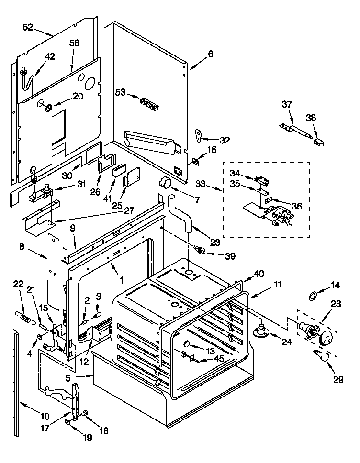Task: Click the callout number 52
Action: point(28,28)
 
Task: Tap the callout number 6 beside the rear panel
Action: point(210,54)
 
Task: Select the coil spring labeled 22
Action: point(27,317)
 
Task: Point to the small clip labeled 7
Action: point(165,183)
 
